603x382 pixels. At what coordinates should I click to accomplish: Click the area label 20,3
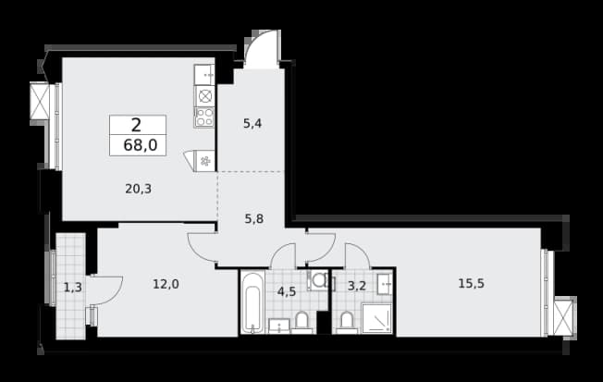[138, 189]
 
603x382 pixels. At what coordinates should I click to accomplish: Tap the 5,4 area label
[252, 124]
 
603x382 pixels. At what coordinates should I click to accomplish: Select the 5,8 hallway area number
[253, 219]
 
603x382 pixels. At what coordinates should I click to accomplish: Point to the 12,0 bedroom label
[166, 284]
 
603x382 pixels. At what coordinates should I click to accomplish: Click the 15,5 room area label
[471, 284]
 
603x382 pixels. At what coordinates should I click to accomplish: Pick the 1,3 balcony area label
[73, 287]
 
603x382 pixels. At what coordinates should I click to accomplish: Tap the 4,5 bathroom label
[287, 291]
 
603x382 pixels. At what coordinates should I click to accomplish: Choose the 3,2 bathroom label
[356, 286]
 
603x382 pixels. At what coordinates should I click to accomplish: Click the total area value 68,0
[140, 145]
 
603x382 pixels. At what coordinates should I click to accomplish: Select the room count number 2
[136, 126]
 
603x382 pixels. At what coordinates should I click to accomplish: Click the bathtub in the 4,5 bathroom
[252, 302]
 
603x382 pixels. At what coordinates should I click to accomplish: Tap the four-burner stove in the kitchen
[204, 117]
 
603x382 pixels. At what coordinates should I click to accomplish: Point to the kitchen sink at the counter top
[204, 75]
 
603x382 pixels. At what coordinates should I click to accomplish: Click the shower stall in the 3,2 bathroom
[377, 318]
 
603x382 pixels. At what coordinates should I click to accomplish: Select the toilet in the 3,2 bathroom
[347, 323]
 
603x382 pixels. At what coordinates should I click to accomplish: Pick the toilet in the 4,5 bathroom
[301, 323]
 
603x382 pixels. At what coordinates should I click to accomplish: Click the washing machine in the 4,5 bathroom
[317, 280]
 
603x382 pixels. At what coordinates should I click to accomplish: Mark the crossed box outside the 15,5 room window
[564, 316]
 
